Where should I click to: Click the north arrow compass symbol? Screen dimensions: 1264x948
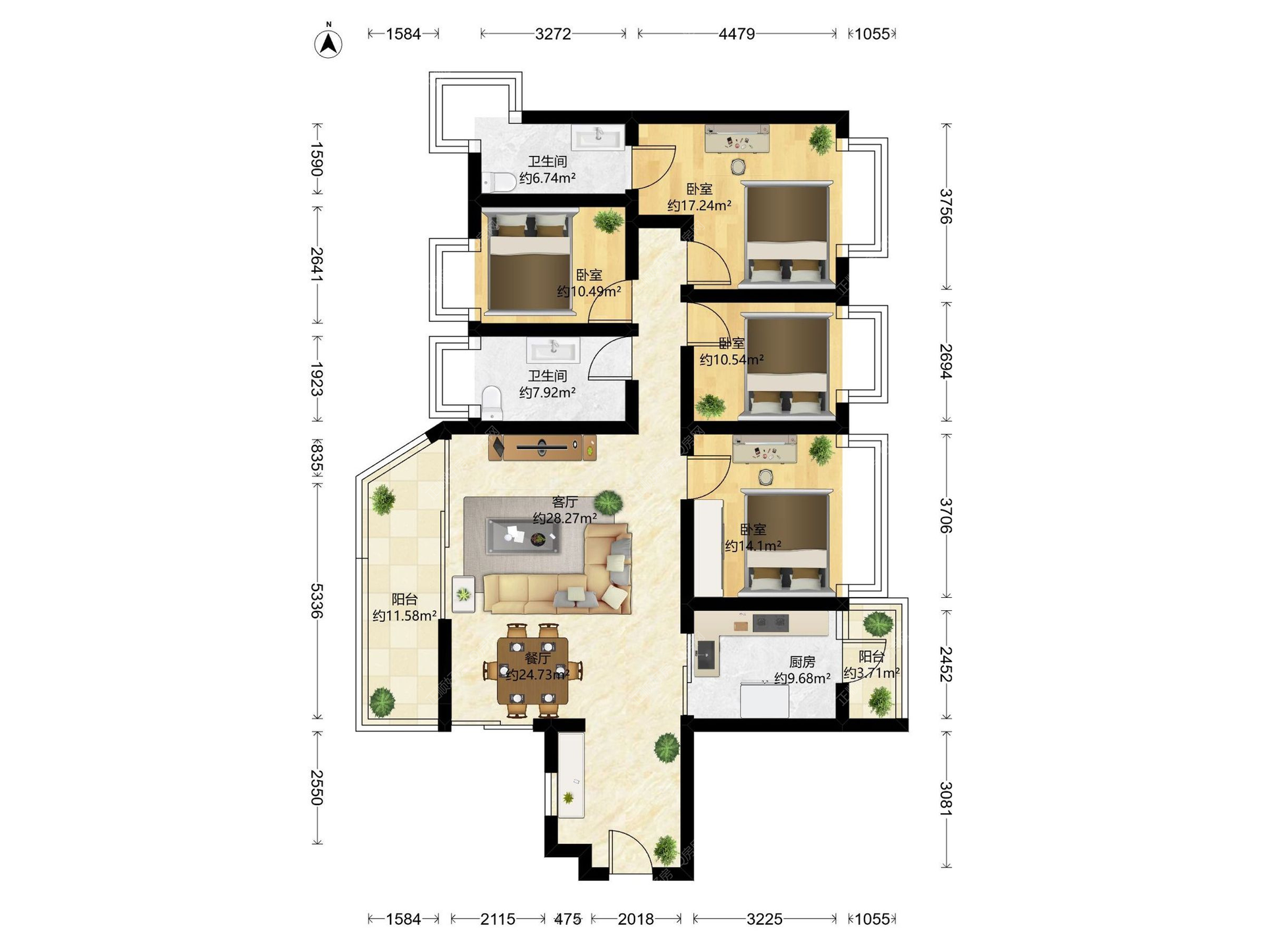click(x=328, y=42)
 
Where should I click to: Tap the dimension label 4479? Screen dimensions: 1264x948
click(x=737, y=34)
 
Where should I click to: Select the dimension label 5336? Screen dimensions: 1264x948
click(x=317, y=600)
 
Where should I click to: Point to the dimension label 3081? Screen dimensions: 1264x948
click(x=946, y=799)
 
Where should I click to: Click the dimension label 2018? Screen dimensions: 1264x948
click(x=636, y=918)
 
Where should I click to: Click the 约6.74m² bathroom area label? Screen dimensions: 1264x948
click(x=548, y=178)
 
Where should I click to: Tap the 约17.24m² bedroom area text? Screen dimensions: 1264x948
click(x=699, y=205)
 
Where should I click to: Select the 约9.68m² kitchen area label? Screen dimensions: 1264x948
click(x=802, y=678)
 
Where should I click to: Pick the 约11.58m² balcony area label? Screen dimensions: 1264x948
click(x=405, y=616)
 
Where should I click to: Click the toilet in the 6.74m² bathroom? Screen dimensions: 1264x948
click(x=498, y=182)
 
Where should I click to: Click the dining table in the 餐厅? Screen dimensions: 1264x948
click(x=533, y=670)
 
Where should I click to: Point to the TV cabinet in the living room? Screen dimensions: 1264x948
click(x=542, y=447)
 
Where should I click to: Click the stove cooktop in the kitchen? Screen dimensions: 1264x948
click(x=770, y=621)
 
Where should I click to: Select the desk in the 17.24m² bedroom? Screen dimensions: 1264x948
click(x=737, y=139)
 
